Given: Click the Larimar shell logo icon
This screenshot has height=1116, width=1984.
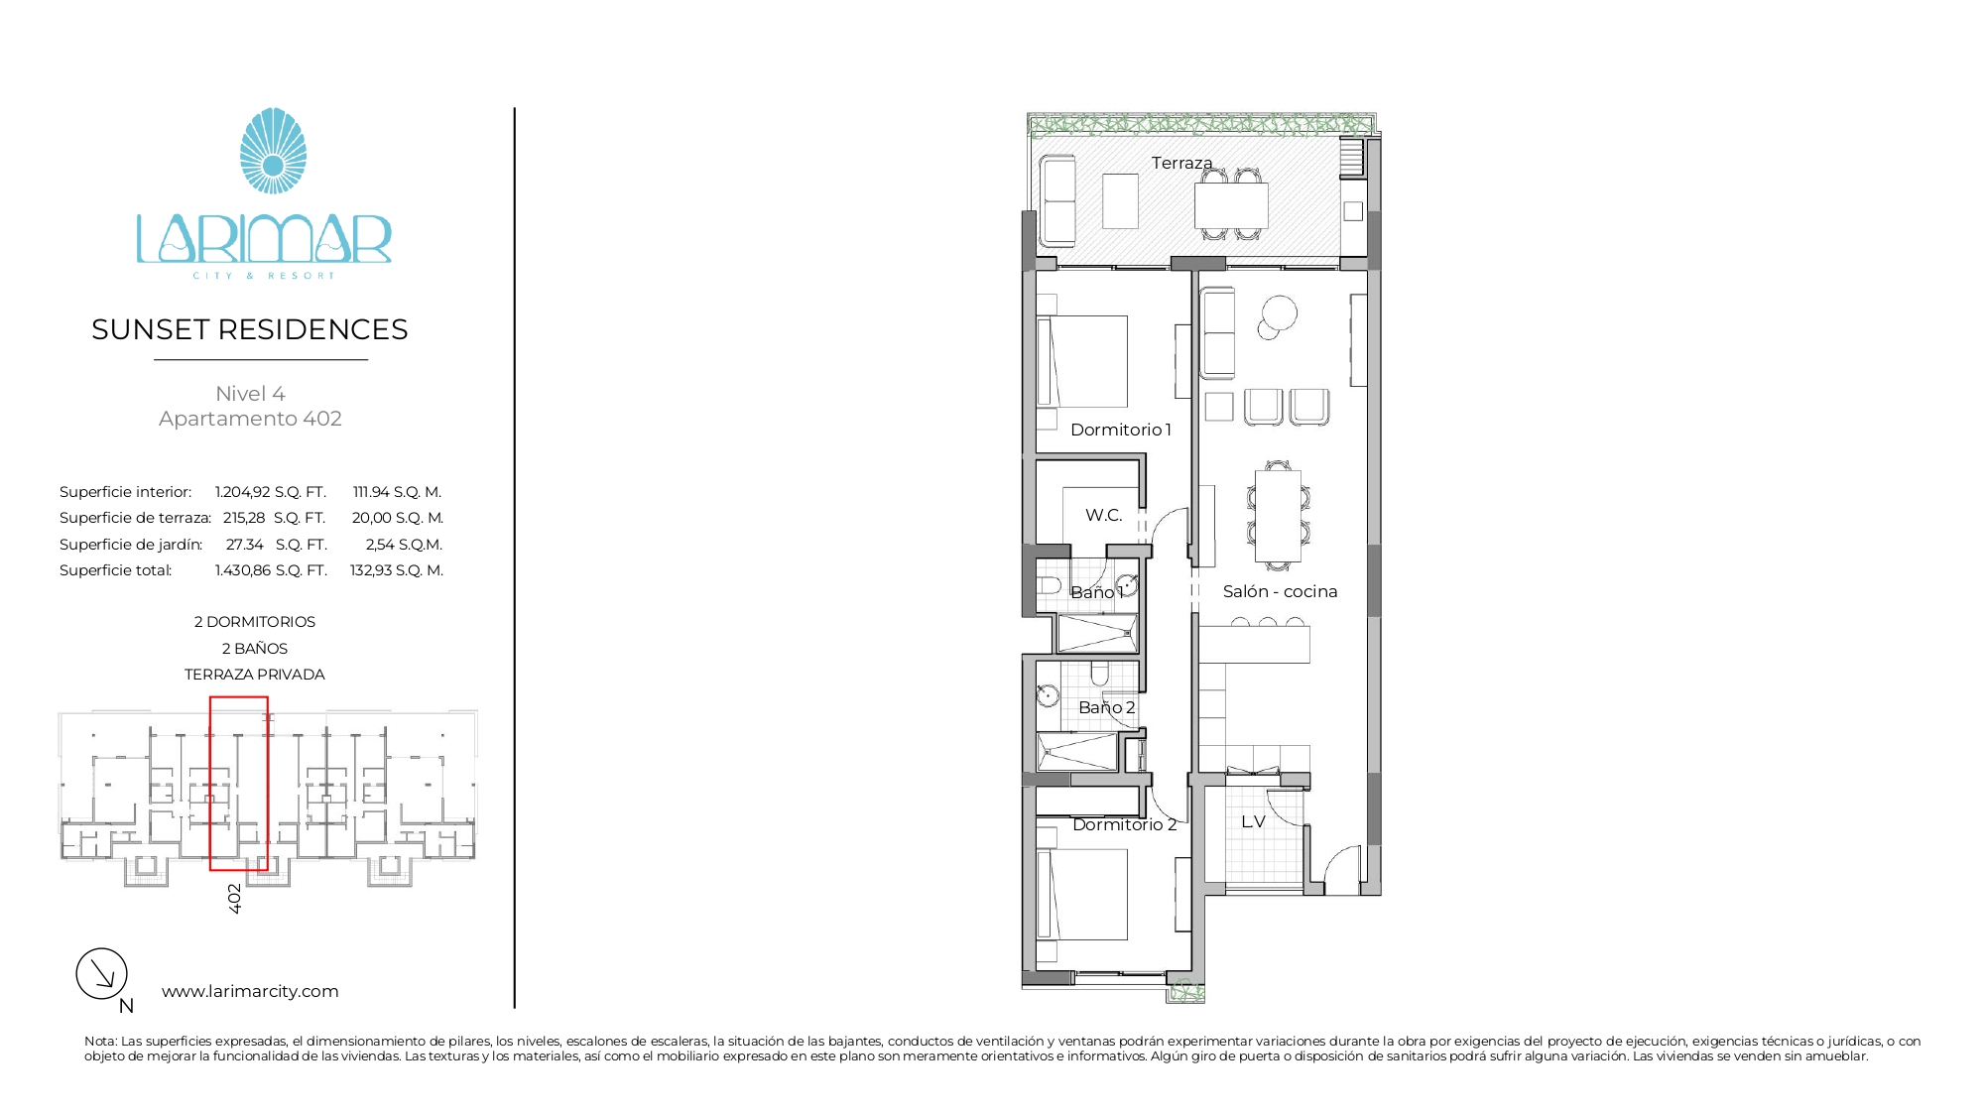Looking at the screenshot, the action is click(x=273, y=151).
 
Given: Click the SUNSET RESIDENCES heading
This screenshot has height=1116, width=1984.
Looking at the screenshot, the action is click(x=250, y=329).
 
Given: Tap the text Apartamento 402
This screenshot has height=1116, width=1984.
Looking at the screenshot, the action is click(x=250, y=419).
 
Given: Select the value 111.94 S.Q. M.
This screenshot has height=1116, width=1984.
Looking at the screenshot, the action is click(x=397, y=492).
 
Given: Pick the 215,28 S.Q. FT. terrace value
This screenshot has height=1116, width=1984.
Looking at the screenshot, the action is click(x=275, y=518).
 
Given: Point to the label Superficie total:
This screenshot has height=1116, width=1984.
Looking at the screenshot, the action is click(x=115, y=570).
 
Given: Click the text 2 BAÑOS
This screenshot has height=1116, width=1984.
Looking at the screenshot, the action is click(x=255, y=649).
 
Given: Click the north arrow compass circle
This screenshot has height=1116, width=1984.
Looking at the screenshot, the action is click(x=102, y=973).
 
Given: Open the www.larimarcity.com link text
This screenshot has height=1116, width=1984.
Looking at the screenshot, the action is click(x=250, y=991).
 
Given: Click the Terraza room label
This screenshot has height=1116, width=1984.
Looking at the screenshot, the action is click(x=1181, y=163).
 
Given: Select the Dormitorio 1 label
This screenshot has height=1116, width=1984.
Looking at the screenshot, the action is click(x=1121, y=430).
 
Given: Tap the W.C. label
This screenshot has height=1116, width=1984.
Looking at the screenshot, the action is click(x=1104, y=515).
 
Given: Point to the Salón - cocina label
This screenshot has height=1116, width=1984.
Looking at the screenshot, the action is click(x=1280, y=591).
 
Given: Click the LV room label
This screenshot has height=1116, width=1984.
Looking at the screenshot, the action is click(x=1253, y=821).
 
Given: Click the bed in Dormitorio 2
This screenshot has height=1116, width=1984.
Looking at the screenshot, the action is click(x=1082, y=895).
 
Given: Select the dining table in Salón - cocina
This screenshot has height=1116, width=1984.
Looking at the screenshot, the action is click(x=1278, y=516).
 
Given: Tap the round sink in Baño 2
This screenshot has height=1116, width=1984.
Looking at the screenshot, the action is click(x=1048, y=695).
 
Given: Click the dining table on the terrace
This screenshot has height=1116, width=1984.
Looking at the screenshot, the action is click(x=1231, y=206).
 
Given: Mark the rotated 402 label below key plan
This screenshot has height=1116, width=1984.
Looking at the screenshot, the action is click(x=235, y=899).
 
